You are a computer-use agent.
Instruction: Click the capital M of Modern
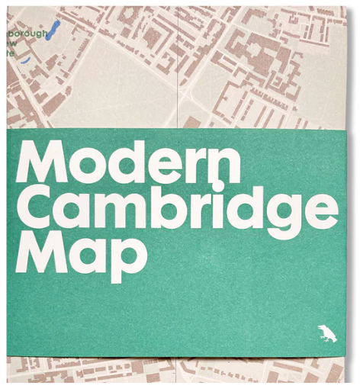click(46, 162)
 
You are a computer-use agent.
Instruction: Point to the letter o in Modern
click(95, 167)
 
